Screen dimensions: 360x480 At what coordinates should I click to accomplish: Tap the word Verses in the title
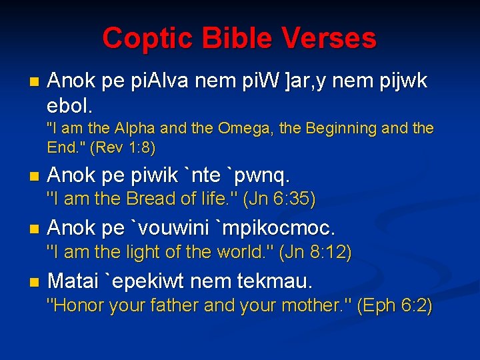coord(329,39)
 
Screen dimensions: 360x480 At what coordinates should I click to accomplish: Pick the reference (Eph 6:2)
coord(395,306)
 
